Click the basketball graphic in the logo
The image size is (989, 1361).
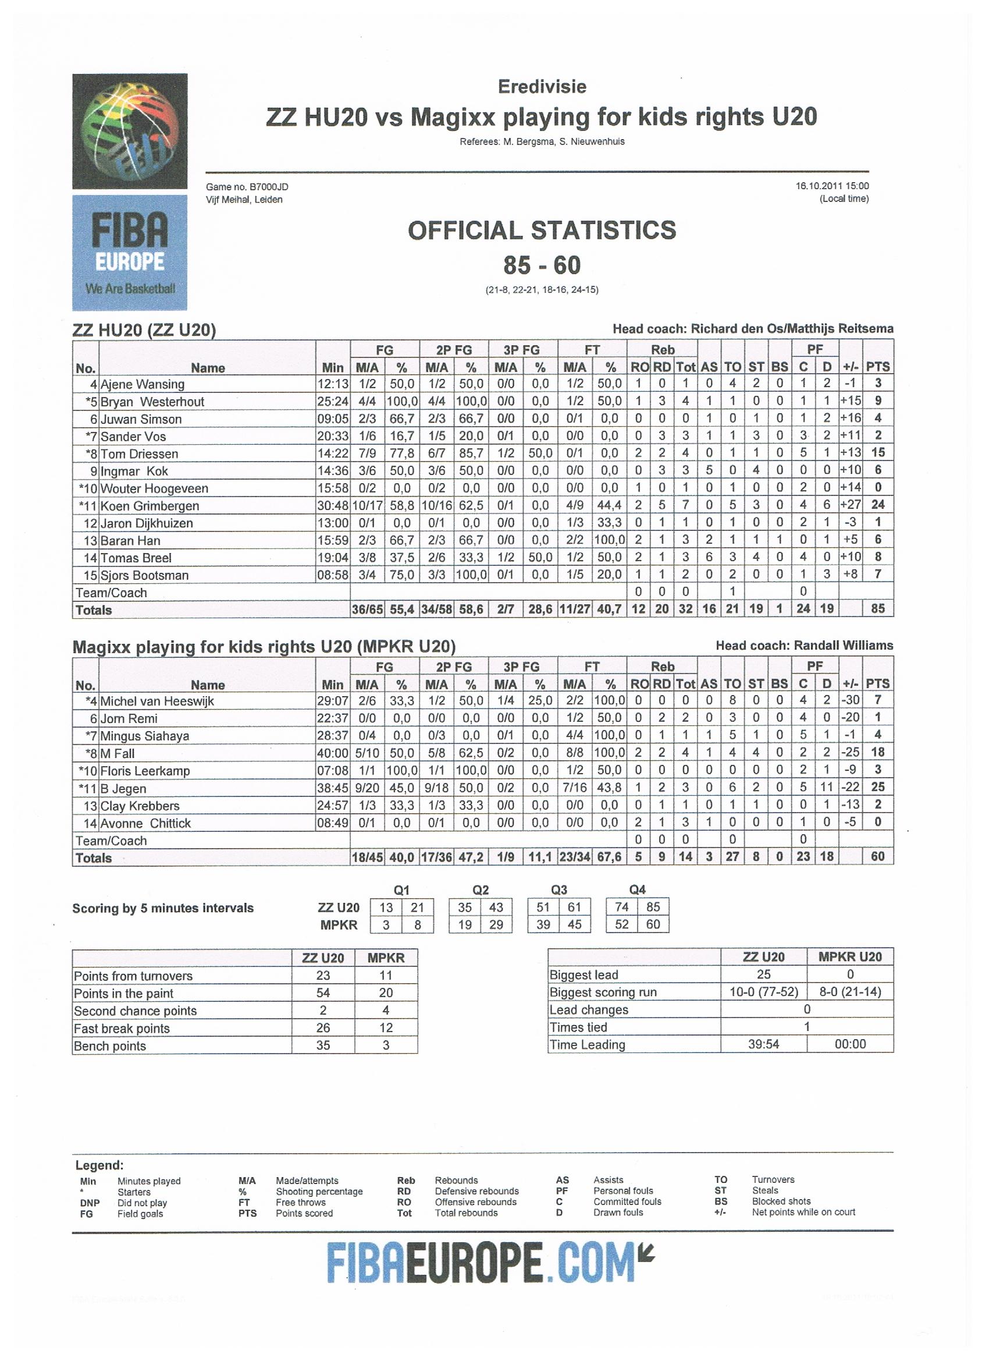point(130,131)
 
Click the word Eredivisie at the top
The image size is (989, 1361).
point(542,87)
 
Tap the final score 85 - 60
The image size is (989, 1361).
point(542,265)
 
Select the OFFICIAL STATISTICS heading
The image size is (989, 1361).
point(542,231)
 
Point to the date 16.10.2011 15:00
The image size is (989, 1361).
point(832,186)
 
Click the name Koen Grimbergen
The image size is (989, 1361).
point(150,506)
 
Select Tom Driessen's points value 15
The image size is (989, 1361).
point(877,453)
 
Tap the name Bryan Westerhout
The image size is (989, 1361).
point(152,402)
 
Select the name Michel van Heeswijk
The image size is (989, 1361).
point(156,701)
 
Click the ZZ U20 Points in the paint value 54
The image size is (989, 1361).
point(323,993)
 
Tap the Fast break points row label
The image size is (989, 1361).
point(122,1029)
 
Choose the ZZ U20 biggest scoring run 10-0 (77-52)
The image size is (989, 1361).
point(763,992)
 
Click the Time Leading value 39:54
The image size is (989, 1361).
point(763,1044)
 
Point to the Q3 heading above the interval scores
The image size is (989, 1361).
point(558,890)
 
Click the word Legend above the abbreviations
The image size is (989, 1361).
point(99,1165)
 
